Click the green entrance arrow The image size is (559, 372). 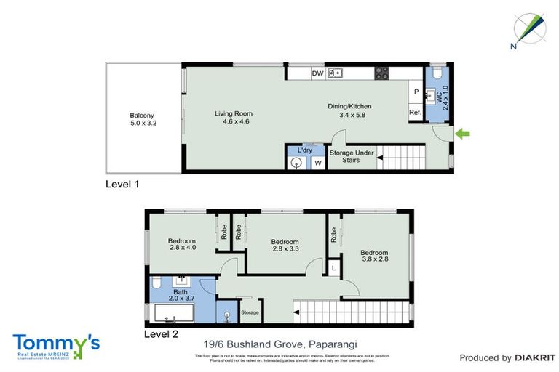[x=463, y=133]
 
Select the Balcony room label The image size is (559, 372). [x=143, y=119]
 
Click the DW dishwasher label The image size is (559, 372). [x=317, y=73]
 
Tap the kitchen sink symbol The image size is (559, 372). [x=336, y=73]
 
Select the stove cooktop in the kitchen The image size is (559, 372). [x=381, y=73]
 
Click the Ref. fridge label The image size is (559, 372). [x=416, y=113]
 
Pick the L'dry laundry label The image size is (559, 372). [x=304, y=150]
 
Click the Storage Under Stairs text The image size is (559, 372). [x=352, y=156]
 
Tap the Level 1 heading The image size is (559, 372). [x=122, y=185]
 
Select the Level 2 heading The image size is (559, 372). [x=160, y=334]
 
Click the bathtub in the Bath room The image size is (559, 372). [x=173, y=314]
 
